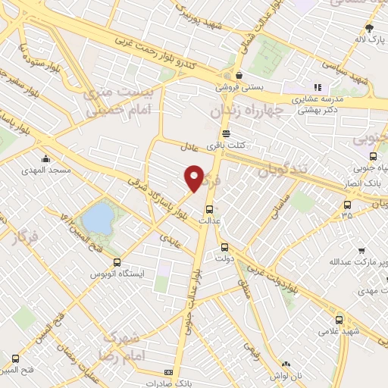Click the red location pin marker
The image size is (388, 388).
tap(194, 178)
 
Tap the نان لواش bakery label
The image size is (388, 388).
tap(286, 375)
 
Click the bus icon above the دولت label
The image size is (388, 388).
tap(224, 247)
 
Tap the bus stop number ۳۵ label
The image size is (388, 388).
tap(347, 214)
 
